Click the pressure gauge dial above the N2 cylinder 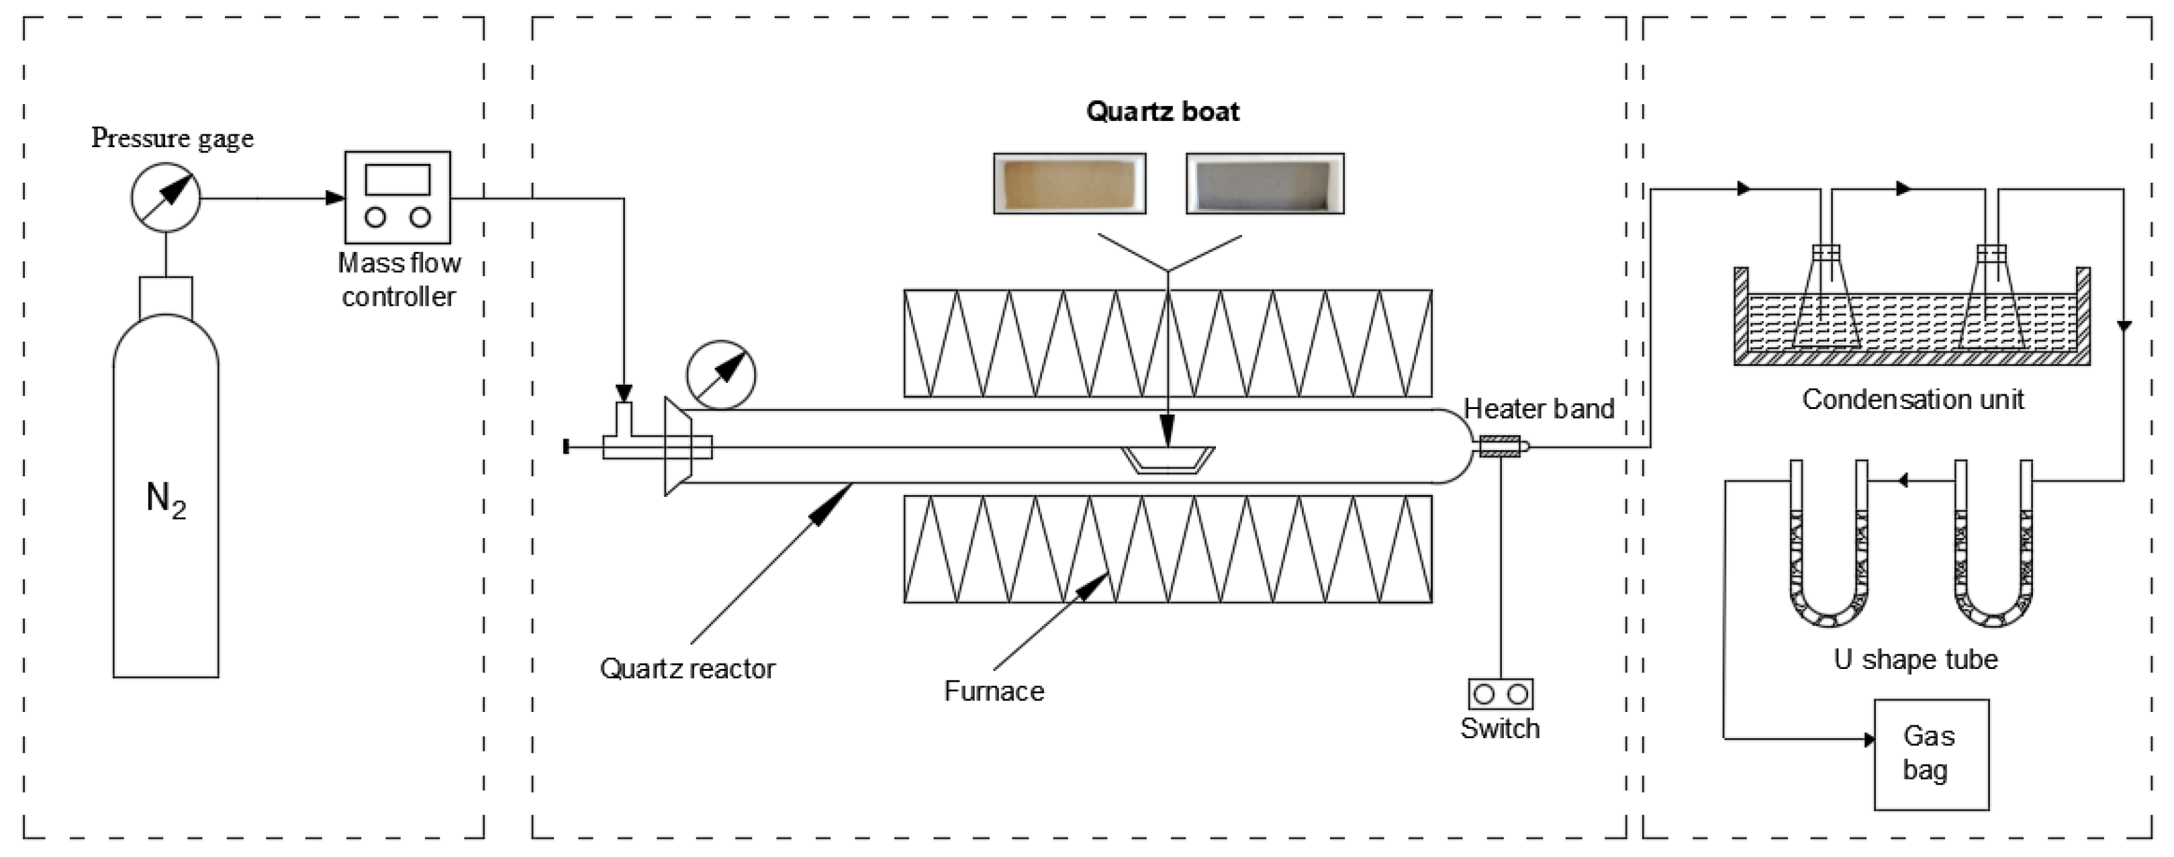pos(165,197)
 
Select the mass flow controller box pos(397,197)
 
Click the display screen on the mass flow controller pos(397,179)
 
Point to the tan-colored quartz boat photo pos(1070,183)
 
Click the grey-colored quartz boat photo pos(1264,183)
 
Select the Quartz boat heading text pos(1162,111)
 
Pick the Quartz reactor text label pos(687,669)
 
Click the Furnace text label pos(993,692)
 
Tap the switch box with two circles pos(1500,694)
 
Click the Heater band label pos(1538,408)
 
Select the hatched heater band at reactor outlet pos(1500,447)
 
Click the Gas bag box pos(1931,754)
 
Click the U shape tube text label pos(1915,660)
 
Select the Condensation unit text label pos(1912,400)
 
